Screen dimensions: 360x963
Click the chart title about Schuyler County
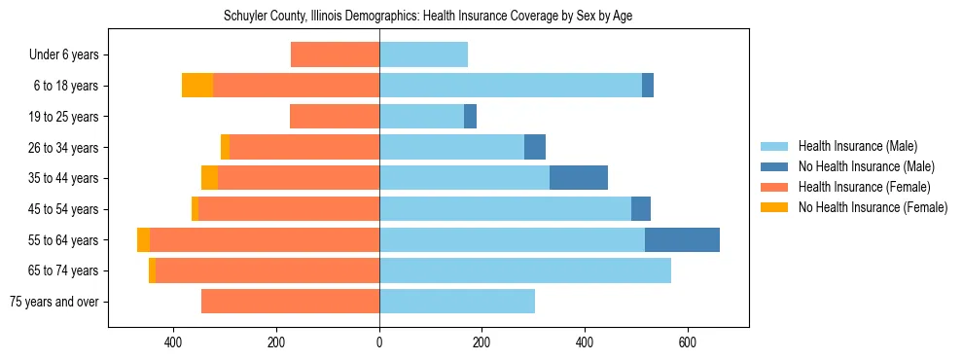[428, 17]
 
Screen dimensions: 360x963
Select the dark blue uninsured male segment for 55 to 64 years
[682, 239]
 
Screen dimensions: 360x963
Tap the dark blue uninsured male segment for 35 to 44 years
[579, 178]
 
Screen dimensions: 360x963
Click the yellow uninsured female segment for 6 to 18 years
[197, 86]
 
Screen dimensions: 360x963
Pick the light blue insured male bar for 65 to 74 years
[525, 270]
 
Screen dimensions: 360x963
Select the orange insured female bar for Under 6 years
[335, 54]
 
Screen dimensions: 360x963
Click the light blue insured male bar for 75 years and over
[457, 302]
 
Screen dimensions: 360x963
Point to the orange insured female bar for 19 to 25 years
[335, 117]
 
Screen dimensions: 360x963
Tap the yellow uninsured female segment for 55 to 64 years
[143, 239]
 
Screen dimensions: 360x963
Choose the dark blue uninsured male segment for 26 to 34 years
[535, 147]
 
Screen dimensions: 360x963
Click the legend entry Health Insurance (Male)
[857, 146]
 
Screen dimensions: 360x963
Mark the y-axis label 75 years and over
[53, 302]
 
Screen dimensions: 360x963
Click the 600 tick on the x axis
[687, 342]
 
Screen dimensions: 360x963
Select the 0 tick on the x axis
[379, 342]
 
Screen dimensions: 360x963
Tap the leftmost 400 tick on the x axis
[174, 342]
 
